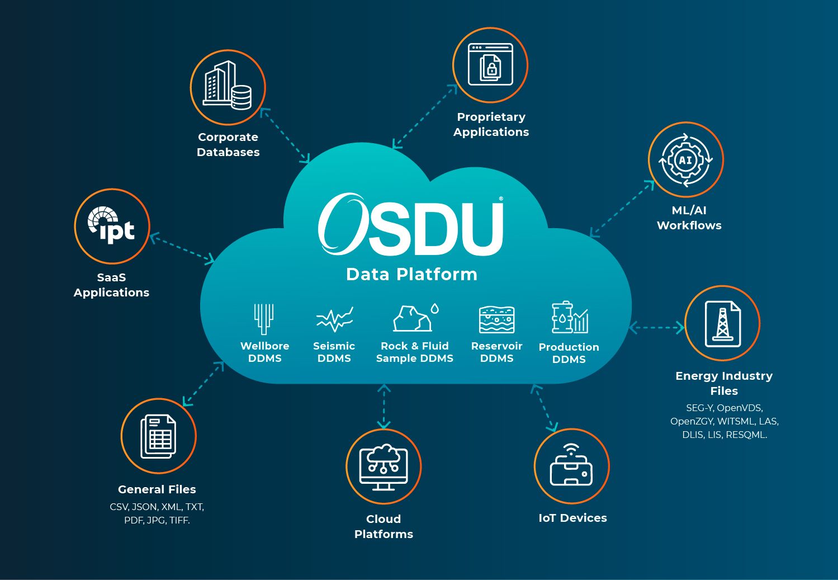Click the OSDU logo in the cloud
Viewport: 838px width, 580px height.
tap(410, 224)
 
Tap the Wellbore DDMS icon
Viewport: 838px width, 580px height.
tap(264, 319)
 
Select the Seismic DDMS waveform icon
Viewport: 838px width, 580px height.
tap(334, 319)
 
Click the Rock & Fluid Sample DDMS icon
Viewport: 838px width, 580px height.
tap(415, 318)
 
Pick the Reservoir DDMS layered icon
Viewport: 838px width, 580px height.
tap(497, 319)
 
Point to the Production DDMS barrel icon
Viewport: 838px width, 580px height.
tap(570, 317)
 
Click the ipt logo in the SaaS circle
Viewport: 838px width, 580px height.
tap(111, 224)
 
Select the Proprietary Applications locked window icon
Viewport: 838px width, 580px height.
tap(490, 64)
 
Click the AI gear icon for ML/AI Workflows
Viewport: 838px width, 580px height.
tap(685, 160)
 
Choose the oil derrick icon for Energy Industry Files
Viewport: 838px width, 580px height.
tap(722, 324)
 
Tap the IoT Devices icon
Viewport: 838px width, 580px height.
tap(571, 464)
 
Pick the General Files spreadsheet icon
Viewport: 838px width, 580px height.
tap(158, 436)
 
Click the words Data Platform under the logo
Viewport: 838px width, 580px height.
tap(411, 274)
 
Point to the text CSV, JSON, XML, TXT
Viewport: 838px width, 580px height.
tap(157, 507)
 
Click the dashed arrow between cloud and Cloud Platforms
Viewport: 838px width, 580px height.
tap(384, 407)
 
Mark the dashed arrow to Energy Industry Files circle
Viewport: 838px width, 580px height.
tap(656, 328)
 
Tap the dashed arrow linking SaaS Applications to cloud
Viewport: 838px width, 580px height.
tap(182, 248)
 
